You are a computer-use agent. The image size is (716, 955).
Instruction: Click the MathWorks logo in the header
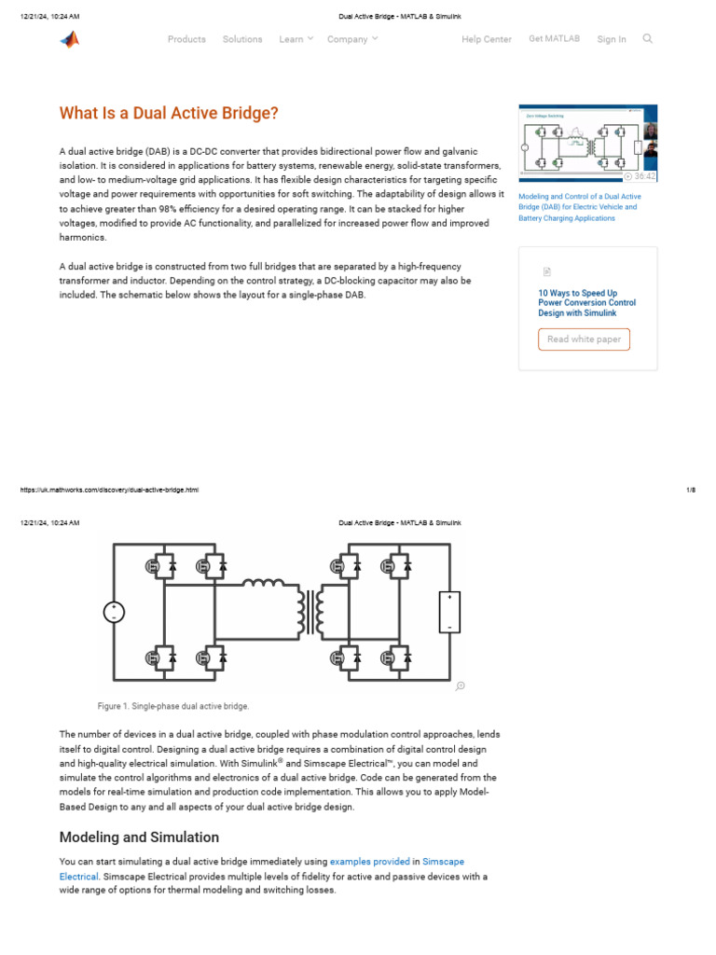[x=70, y=39]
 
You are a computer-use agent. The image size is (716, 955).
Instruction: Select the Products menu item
[x=186, y=39]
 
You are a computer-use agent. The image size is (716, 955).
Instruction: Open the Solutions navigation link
[x=242, y=39]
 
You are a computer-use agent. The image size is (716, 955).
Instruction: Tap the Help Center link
[x=487, y=39]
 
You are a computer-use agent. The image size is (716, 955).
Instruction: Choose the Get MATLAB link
[x=554, y=39]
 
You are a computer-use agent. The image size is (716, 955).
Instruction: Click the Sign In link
[x=612, y=39]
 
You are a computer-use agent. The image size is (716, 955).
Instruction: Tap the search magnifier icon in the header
[x=648, y=39]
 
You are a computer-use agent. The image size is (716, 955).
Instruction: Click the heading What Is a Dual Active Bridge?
[x=169, y=114]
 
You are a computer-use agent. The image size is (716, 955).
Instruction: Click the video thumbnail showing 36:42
[x=587, y=143]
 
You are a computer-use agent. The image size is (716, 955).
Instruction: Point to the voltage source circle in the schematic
[x=114, y=613]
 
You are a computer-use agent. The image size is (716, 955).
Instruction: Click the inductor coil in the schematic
[x=264, y=584]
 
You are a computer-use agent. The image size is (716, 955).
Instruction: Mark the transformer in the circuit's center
[x=310, y=611]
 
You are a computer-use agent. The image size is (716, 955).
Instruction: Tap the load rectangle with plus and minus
[x=449, y=612]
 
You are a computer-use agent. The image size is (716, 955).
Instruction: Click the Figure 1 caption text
[x=173, y=706]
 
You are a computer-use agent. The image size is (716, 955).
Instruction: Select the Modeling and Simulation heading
[x=139, y=837]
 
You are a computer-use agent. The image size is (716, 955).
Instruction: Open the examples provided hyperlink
[x=369, y=862]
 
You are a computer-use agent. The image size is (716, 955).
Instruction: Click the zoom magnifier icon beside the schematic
[x=460, y=686]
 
